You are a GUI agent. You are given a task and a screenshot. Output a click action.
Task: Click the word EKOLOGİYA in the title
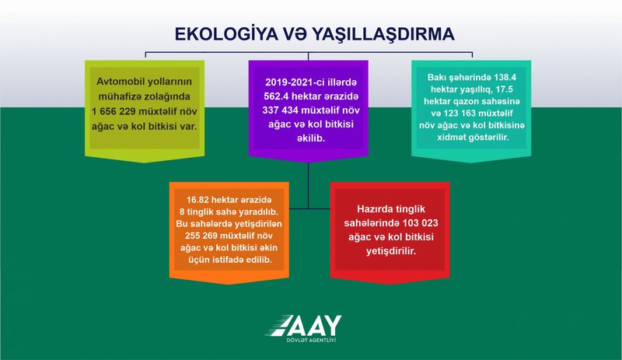tap(226, 34)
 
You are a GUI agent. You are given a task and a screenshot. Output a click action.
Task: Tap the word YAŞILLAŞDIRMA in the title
tap(383, 34)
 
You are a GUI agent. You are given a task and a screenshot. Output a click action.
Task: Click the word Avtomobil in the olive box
tap(120, 82)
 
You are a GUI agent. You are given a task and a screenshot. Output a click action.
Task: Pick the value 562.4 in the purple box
tap(276, 96)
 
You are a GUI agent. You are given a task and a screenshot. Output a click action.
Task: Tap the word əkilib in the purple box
tap(310, 138)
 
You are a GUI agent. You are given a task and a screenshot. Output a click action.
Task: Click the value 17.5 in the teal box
tap(504, 89)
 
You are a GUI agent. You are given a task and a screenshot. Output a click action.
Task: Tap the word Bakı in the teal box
tap(437, 78)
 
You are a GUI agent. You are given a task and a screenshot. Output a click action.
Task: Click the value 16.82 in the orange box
tap(197, 200)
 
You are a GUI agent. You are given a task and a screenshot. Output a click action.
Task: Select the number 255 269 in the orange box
tap(201, 236)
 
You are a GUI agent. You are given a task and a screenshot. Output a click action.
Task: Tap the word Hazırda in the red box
tap(374, 209)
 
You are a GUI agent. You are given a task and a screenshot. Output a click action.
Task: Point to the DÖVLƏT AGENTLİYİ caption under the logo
tap(312, 341)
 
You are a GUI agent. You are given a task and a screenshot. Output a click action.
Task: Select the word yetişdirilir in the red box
tap(391, 251)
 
